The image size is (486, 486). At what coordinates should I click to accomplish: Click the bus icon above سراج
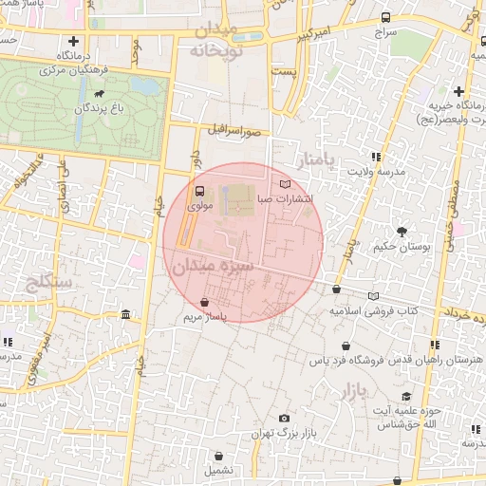pyautogui.click(x=385, y=17)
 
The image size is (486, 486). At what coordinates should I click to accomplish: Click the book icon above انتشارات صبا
pyautogui.click(x=287, y=183)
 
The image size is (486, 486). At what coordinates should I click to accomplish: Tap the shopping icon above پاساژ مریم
pyautogui.click(x=206, y=302)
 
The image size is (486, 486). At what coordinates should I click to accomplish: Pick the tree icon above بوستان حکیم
pyautogui.click(x=402, y=232)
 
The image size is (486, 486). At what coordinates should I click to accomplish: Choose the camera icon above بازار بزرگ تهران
pyautogui.click(x=284, y=419)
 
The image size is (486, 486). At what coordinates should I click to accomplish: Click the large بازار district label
pyautogui.click(x=352, y=389)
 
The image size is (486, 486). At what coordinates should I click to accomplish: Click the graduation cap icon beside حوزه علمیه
pyautogui.click(x=406, y=397)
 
